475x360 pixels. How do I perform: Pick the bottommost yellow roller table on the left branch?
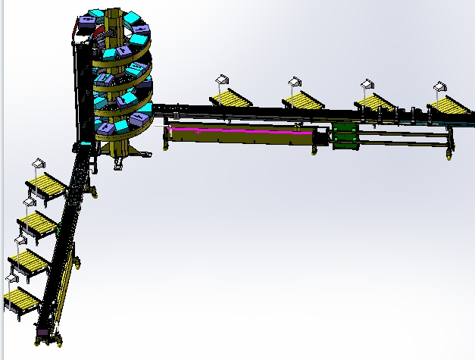pyautogui.click(x=21, y=299)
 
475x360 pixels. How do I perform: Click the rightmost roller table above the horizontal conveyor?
pyautogui.click(x=450, y=105)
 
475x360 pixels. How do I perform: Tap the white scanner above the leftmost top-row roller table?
pyautogui.click(x=222, y=78)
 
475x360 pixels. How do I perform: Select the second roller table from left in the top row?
pyautogui.click(x=304, y=99)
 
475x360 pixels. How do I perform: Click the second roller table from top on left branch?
pyautogui.click(x=37, y=223)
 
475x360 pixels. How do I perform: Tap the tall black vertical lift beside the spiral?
pyautogui.click(x=82, y=91)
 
